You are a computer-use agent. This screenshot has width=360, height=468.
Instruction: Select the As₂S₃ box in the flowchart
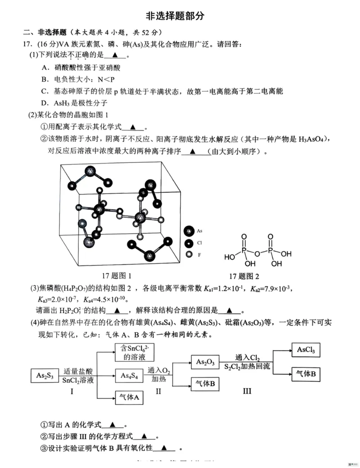(x=45, y=375)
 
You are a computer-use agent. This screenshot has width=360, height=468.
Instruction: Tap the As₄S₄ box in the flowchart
(x=128, y=375)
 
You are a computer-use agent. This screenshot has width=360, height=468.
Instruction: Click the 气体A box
(x=128, y=398)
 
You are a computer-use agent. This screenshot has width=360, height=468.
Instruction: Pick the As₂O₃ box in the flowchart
(x=205, y=362)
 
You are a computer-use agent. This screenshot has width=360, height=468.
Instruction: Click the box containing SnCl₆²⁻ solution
(x=130, y=352)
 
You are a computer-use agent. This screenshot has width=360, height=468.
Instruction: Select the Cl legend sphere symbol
(x=189, y=243)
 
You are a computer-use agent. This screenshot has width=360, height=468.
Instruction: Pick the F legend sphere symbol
(x=189, y=255)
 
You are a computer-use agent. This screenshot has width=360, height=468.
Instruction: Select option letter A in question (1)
(x=45, y=68)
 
